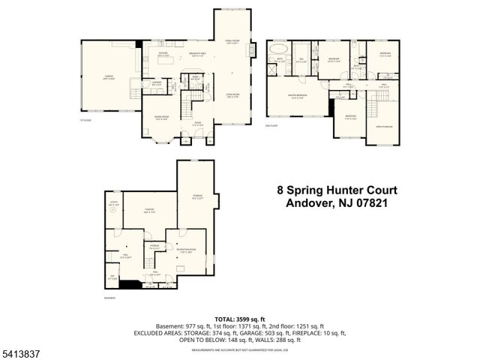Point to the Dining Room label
coord(160,118)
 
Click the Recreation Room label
coord(187,250)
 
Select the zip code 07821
coord(376,202)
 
